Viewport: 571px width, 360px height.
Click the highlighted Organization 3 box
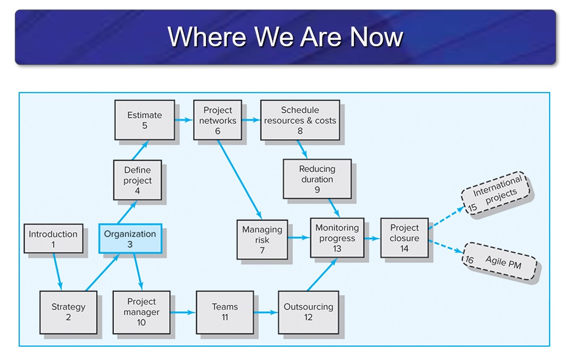pyautogui.click(x=130, y=239)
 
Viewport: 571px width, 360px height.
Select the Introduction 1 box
pyautogui.click(x=53, y=239)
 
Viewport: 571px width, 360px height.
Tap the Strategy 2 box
pyautogui.click(x=68, y=312)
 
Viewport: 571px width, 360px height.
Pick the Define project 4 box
pyautogui.click(x=137, y=180)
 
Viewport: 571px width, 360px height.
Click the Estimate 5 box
pyautogui.click(x=145, y=120)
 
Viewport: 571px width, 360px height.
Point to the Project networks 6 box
pyautogui.click(x=217, y=120)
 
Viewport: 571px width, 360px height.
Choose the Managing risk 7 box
pyautogui.click(x=262, y=239)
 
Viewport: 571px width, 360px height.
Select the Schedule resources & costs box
pyautogui.click(x=300, y=120)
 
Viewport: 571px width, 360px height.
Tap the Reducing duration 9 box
pyautogui.click(x=317, y=179)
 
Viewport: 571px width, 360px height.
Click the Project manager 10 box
pyautogui.click(x=141, y=312)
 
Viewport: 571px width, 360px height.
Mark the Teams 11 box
pyautogui.click(x=225, y=312)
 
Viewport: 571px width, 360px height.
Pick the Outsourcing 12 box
pyautogui.click(x=308, y=312)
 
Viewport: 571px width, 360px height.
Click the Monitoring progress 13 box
pyautogui.click(x=337, y=238)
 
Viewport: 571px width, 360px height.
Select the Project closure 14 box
pyautogui.click(x=404, y=238)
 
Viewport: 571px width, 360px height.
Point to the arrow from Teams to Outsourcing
pyautogui.click(x=266, y=313)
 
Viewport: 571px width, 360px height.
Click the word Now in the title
pyautogui.click(x=376, y=37)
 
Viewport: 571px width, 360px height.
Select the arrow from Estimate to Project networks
pyautogui.click(x=184, y=120)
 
